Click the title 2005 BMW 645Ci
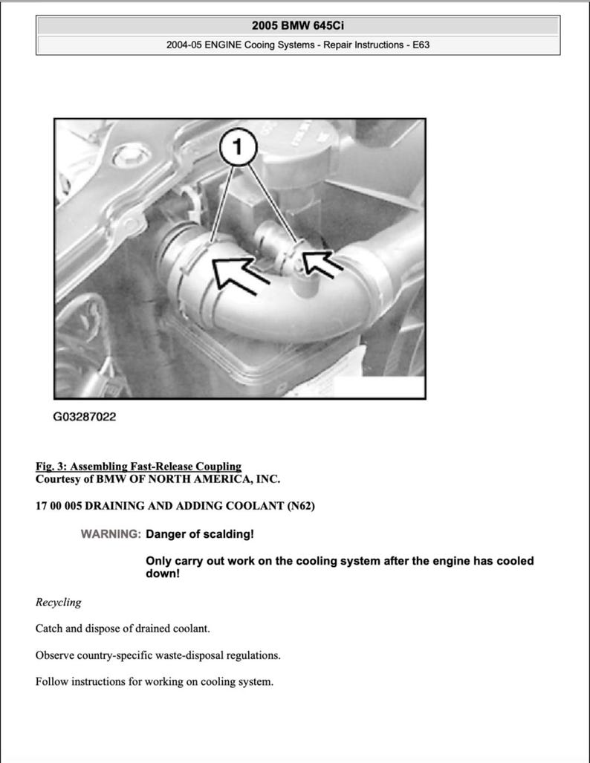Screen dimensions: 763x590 [297, 25]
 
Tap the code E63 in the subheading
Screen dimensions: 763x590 [421, 45]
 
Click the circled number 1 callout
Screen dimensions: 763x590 [238, 148]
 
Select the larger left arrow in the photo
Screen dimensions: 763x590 [239, 271]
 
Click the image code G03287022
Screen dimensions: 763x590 [84, 417]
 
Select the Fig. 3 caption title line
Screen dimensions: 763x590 [138, 467]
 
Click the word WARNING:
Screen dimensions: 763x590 [111, 534]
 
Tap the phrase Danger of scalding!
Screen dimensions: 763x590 [200, 534]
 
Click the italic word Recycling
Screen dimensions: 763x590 [58, 602]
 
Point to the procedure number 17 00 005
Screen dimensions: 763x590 [59, 507]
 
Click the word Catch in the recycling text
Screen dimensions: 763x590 [50, 629]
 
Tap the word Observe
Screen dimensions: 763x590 [55, 655]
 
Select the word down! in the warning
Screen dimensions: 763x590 [163, 574]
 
